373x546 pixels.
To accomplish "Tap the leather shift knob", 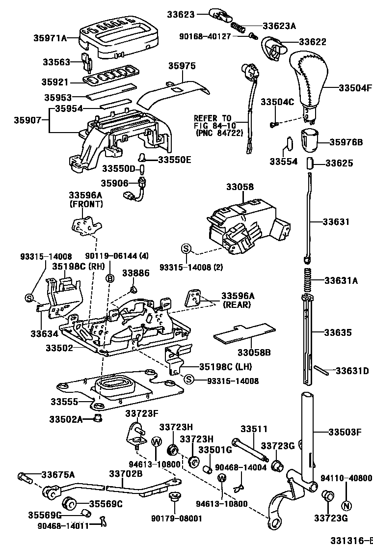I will click(307, 82).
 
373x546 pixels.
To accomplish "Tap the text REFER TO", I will click(212, 118).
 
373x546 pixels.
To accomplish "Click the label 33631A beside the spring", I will click(341, 281).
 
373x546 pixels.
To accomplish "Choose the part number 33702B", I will click(126, 474).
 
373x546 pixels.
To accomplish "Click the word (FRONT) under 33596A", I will click(86, 203).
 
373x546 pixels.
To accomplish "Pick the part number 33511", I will click(252, 429).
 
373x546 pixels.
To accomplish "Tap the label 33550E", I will click(175, 159).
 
